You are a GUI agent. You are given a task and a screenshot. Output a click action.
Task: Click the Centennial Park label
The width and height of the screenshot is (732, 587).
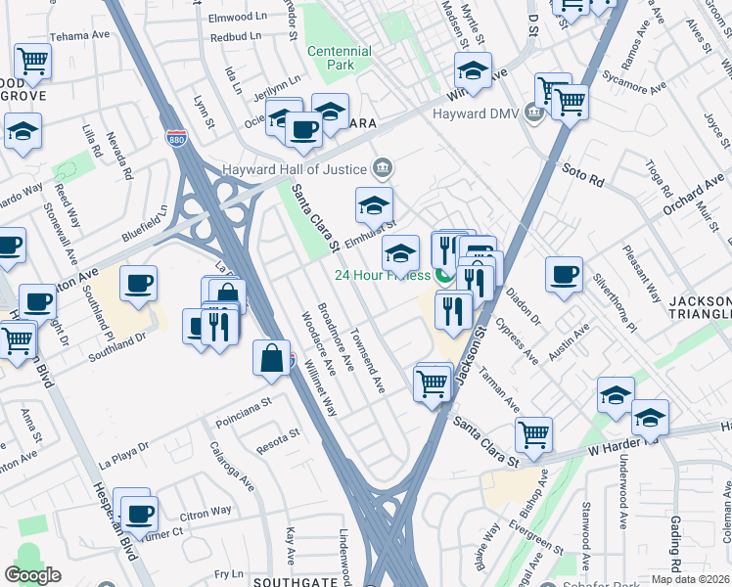pyautogui.click(x=339, y=59)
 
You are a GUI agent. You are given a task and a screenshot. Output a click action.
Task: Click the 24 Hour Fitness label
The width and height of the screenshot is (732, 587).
pyautogui.click(x=383, y=275)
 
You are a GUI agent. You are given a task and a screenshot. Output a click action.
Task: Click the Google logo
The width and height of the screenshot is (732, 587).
pyautogui.click(x=33, y=575)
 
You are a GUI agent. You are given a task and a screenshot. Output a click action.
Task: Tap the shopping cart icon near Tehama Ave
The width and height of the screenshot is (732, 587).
pyautogui.click(x=32, y=61)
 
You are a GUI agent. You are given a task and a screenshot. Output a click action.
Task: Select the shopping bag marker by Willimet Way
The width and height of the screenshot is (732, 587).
pyautogui.click(x=271, y=357)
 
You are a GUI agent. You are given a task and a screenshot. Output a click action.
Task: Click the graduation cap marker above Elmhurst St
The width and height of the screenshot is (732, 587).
pyautogui.click(x=374, y=205)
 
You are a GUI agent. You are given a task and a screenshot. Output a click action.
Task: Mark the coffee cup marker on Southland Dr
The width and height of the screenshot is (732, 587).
pyautogui.click(x=138, y=284)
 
